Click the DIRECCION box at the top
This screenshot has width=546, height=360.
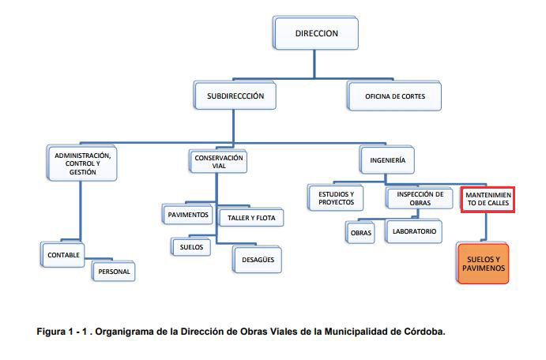pyautogui.click(x=316, y=33)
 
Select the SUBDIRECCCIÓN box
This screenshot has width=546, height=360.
pyautogui.click(x=235, y=96)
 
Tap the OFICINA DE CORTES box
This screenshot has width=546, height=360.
pyautogui.click(x=394, y=96)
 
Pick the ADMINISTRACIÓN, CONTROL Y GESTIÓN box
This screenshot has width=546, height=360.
pyautogui.click(x=82, y=163)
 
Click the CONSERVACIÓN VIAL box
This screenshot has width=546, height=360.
pyautogui.click(x=218, y=161)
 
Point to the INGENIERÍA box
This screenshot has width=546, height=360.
pyautogui.click(x=387, y=160)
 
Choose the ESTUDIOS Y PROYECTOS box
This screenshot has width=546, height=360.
pyautogui.click(x=336, y=198)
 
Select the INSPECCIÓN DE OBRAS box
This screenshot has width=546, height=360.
pyautogui.click(x=420, y=198)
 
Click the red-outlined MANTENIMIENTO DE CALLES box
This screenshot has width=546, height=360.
pyautogui.click(x=488, y=199)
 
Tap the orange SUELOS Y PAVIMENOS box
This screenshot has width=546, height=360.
pyautogui.click(x=483, y=264)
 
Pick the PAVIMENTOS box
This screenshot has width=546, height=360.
pyautogui.click(x=188, y=214)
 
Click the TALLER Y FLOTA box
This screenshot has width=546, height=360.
pyautogui.click(x=250, y=218)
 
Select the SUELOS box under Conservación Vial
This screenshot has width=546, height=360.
pyautogui.click(x=190, y=247)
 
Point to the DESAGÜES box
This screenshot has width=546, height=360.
pyautogui.click(x=258, y=260)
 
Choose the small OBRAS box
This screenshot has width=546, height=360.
pyautogui.click(x=360, y=232)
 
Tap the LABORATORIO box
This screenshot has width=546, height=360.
pyautogui.click(x=414, y=231)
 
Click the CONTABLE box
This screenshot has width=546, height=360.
pyautogui.click(x=62, y=255)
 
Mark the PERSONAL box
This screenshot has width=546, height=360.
pyautogui.click(x=114, y=272)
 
